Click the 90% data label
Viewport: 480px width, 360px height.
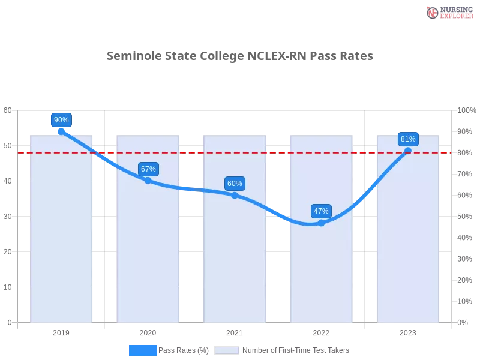click(61, 120)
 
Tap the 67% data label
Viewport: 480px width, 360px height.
click(148, 169)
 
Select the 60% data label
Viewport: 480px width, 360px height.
click(235, 184)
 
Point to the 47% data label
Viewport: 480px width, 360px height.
click(321, 211)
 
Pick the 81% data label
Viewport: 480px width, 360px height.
click(408, 139)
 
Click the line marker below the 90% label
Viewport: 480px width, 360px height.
click(61, 131)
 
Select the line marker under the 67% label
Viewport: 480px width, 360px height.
click(148, 180)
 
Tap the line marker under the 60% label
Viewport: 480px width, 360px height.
click(235, 195)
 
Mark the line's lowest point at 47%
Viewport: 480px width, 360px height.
click(321, 223)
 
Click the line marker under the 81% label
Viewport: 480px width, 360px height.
click(408, 151)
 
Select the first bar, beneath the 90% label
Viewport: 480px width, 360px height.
click(62, 252)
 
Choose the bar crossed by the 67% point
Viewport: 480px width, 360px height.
click(148, 252)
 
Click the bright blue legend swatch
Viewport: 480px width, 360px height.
click(142, 350)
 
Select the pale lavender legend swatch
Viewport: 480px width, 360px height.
click(227, 350)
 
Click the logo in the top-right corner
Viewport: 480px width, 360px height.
click(448, 13)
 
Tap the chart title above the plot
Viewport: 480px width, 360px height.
click(240, 56)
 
